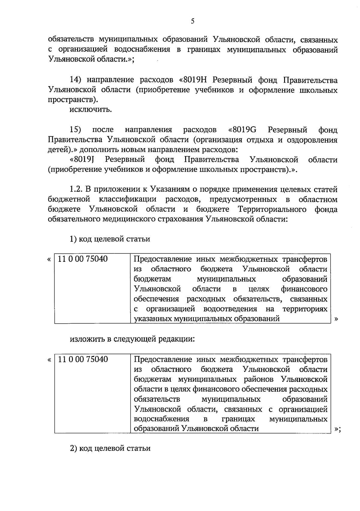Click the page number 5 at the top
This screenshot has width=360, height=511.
coord(193,21)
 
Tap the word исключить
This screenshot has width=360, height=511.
coord(91,110)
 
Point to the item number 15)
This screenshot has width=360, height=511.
coord(75,130)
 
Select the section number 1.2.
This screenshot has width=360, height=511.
coord(76,189)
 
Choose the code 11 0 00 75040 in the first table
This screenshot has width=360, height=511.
coord(83,259)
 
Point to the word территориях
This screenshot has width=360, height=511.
coord(305,309)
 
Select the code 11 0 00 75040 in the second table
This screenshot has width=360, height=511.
coord(83,359)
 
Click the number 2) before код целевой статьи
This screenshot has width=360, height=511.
coord(73,449)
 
